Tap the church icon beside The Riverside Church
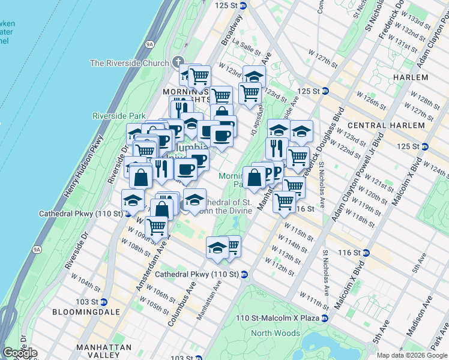click(177, 62)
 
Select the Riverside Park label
click(119, 116)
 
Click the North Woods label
click(276, 333)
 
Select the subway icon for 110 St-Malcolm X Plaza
click(325, 318)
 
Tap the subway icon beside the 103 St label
click(104, 301)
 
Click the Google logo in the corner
click(19, 353)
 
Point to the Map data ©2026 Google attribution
click(412, 355)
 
